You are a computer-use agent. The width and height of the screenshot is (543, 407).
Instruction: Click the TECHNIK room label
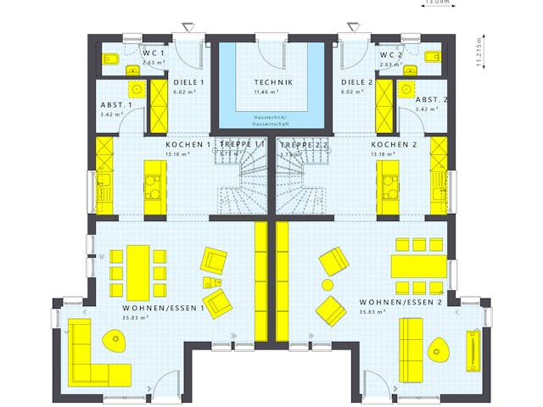pos(273,82)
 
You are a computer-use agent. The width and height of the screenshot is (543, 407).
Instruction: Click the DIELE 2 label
pos(357,82)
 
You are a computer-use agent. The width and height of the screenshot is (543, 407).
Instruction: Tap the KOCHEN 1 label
pos(188,145)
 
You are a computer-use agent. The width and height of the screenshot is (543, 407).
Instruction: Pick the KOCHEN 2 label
pos(392,145)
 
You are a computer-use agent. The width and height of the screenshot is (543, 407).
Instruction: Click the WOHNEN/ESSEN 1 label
pos(164,308)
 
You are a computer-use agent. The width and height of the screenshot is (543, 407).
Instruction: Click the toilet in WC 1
pos(110,59)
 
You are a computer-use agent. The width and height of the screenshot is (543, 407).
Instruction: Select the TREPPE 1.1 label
pos(243,145)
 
